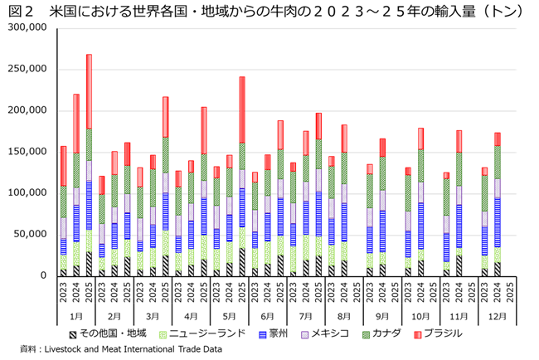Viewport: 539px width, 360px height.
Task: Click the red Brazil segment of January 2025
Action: tap(89, 91)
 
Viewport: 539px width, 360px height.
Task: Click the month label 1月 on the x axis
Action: tap(75, 316)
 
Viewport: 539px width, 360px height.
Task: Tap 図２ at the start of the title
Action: tap(19, 10)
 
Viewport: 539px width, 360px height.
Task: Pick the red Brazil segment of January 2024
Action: tap(76, 124)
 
